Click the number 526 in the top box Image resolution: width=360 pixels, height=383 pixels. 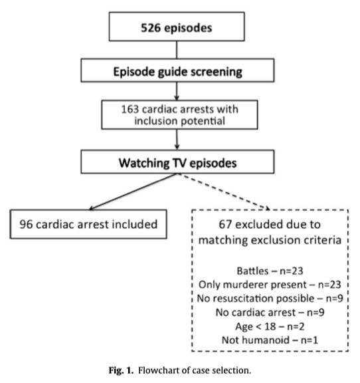pyautogui.click(x=151, y=28)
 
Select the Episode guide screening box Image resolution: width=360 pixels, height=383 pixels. pyautogui.click(x=177, y=70)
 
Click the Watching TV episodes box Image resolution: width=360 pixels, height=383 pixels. pyautogui.click(x=177, y=162)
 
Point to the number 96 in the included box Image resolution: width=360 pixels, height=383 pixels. pyautogui.click(x=26, y=224)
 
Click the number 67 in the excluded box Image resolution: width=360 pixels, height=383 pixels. pyautogui.click(x=225, y=224)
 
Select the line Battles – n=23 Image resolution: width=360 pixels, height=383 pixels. pyautogui.click(x=270, y=271)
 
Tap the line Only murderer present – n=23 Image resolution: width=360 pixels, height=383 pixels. pyautogui.click(x=270, y=285)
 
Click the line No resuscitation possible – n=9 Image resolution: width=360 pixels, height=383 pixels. pyautogui.click(x=270, y=299)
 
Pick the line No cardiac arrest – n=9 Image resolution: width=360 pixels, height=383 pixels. pyautogui.click(x=270, y=312)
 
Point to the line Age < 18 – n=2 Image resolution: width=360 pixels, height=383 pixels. pyautogui.click(x=270, y=326)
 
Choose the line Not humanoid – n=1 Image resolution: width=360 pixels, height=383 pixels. pyautogui.click(x=270, y=340)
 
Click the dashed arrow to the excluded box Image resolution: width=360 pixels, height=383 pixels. pyautogui.click(x=224, y=191)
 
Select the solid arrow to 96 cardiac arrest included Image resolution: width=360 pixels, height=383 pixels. pyautogui.click(x=133, y=191)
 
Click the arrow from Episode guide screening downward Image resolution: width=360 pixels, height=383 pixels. pyautogui.click(x=177, y=91)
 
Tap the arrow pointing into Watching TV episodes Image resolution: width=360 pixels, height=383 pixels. pyautogui.click(x=177, y=140)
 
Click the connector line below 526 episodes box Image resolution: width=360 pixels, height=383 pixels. pyautogui.click(x=177, y=50)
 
